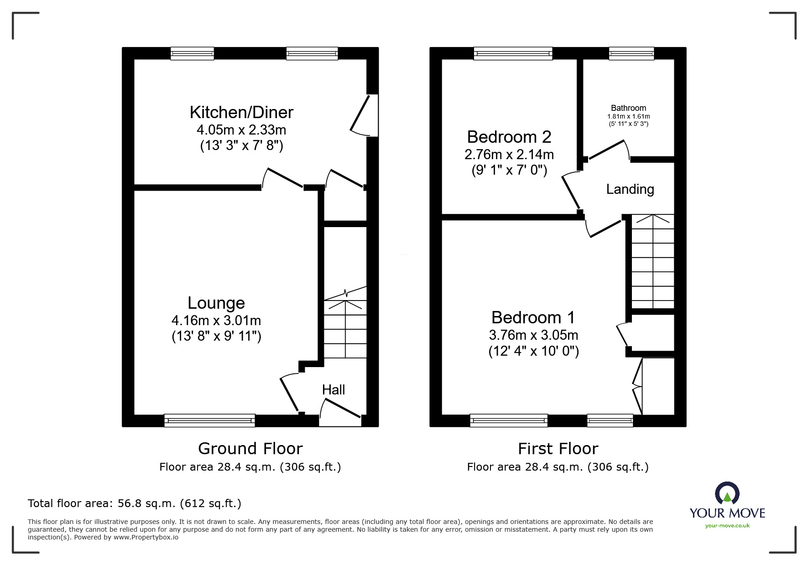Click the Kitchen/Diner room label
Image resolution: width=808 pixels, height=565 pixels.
(241, 112)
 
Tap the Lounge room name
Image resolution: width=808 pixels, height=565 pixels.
(216, 303)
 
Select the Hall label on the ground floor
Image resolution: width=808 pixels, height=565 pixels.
(334, 390)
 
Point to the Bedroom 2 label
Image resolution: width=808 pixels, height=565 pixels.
(509, 137)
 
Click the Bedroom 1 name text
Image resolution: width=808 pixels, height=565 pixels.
(533, 317)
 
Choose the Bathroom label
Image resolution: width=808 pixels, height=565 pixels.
(629, 108)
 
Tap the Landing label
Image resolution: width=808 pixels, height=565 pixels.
(630, 189)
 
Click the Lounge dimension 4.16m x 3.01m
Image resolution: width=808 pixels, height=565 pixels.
(216, 320)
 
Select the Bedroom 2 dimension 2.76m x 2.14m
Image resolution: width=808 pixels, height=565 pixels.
(509, 155)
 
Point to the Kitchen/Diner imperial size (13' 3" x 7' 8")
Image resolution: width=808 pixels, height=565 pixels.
(242, 146)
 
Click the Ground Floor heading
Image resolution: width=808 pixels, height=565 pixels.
(250, 449)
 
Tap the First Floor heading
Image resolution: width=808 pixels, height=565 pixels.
(558, 449)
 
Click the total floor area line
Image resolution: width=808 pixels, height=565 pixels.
(135, 503)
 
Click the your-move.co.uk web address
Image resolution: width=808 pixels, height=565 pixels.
(727, 526)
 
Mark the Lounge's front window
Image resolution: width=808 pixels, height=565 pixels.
(209, 420)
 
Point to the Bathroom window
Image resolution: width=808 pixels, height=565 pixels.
(631, 54)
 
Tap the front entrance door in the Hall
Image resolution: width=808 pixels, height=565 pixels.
(340, 412)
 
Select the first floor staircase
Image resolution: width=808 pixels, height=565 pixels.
(653, 262)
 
